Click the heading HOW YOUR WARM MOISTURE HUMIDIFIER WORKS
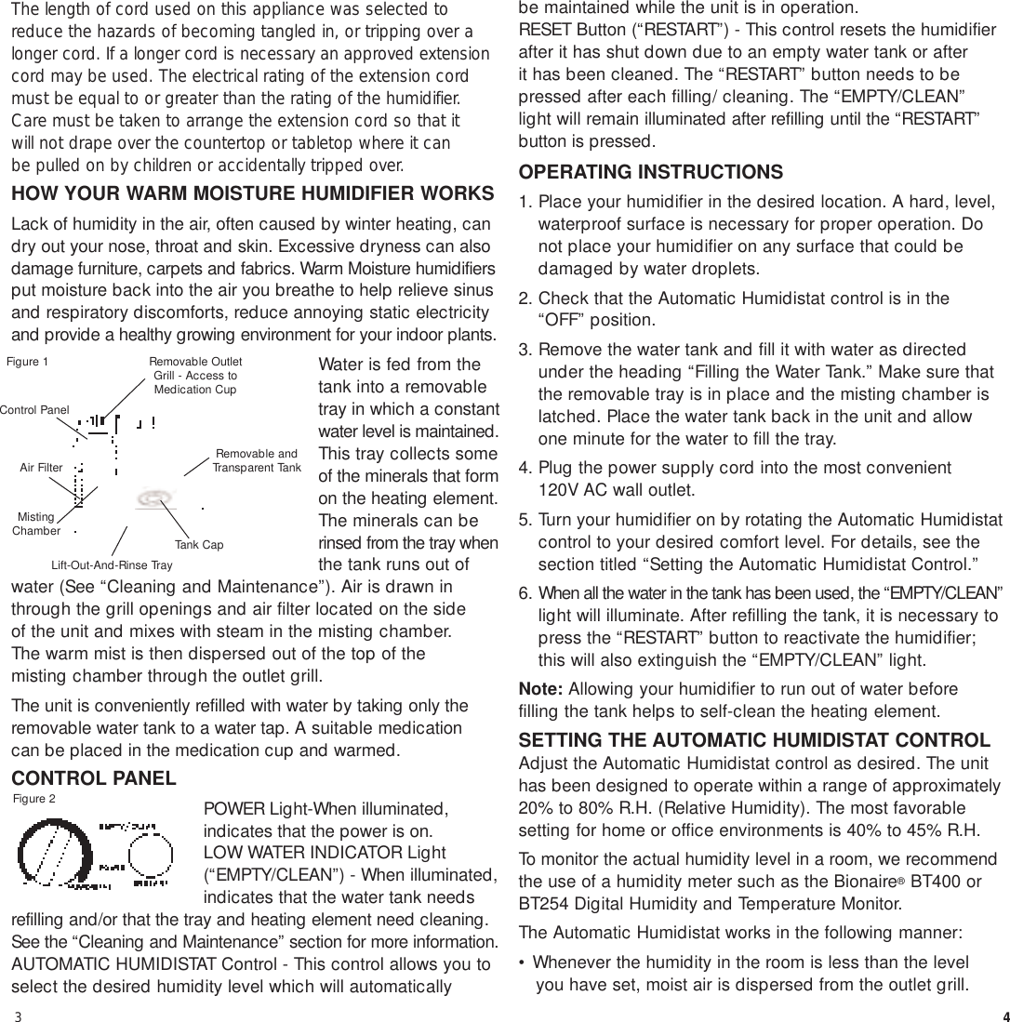click(252, 194)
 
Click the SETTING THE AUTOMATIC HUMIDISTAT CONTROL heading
click(754, 740)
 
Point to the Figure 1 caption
click(27, 362)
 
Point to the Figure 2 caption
click(34, 798)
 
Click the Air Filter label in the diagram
click(41, 469)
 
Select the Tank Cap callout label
click(198, 545)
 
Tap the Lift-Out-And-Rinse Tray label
click(112, 564)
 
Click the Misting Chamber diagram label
click(36, 524)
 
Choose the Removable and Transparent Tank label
click(257, 460)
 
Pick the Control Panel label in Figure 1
click(34, 409)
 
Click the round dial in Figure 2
click(54, 853)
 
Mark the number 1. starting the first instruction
click(526, 203)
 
